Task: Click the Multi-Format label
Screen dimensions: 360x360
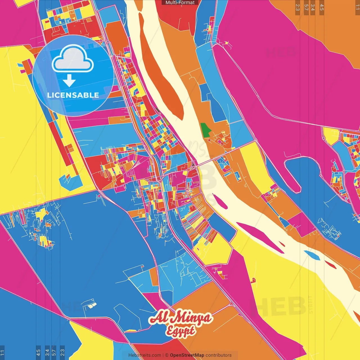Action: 180,3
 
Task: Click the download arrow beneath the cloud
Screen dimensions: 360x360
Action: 69,81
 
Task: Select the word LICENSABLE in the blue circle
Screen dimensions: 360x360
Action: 73,95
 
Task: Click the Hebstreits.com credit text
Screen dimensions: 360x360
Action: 145,355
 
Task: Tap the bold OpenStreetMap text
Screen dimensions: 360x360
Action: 187,355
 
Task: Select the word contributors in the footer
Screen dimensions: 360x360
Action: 219,355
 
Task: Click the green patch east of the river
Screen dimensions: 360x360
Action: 206,130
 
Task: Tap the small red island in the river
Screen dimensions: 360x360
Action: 330,265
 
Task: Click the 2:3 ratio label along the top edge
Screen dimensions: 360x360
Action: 298,7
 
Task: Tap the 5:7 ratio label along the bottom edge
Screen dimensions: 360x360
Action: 54,352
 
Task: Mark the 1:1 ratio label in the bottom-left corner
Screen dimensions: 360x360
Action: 2,352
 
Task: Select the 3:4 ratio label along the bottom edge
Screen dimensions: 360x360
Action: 47,352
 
